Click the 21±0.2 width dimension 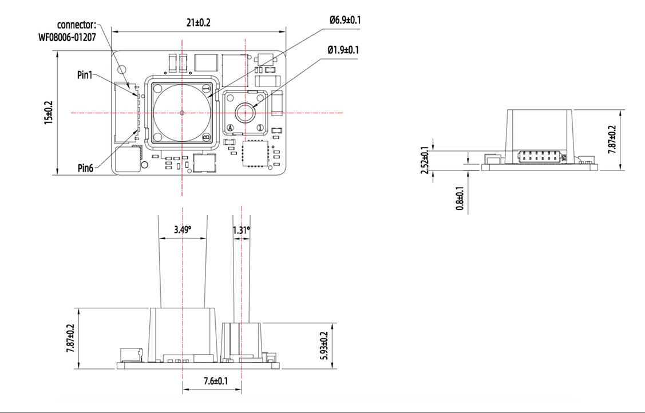[x=198, y=23]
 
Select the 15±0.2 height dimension [x=49, y=113]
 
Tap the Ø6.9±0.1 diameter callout [x=345, y=20]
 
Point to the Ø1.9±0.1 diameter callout [x=343, y=50]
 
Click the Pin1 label [x=85, y=75]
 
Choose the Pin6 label [x=86, y=168]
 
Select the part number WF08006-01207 [x=67, y=37]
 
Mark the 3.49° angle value [x=182, y=229]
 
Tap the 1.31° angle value [x=241, y=230]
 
